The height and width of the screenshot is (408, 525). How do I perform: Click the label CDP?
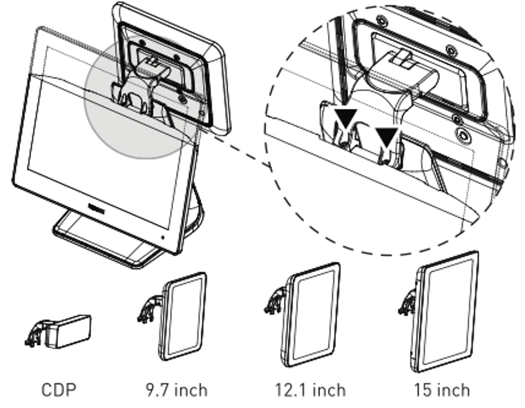[x=59, y=390]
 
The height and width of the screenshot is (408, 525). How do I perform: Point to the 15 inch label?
[x=441, y=390]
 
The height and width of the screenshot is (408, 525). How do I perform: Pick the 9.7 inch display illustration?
[x=183, y=316]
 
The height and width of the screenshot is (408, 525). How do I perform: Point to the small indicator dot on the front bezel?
[x=163, y=236]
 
